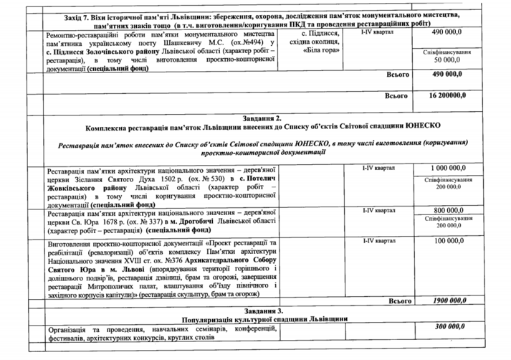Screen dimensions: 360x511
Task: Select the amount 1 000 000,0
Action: coord(452,167)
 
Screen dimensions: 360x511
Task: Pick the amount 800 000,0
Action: coord(452,209)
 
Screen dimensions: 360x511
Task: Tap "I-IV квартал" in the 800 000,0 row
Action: coord(381,210)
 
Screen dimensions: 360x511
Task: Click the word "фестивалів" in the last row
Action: coord(67,337)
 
